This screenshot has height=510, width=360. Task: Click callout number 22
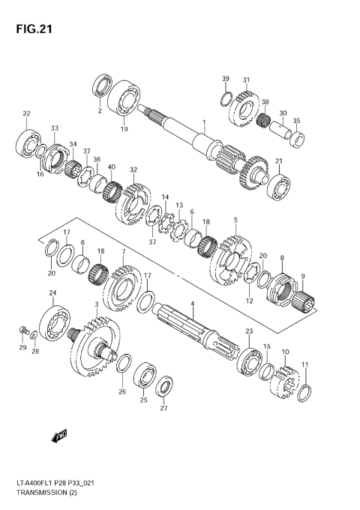26,113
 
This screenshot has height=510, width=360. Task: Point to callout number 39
224,79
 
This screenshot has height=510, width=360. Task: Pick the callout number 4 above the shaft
192,304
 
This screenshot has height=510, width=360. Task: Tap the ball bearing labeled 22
28,142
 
